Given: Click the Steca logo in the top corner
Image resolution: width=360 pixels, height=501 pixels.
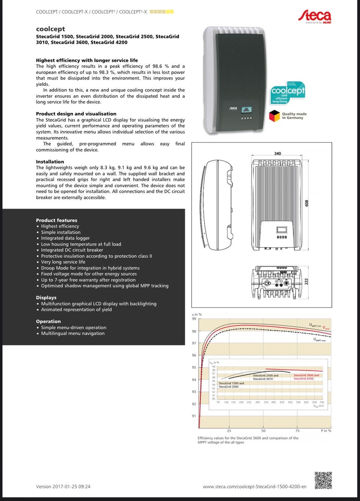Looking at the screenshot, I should (x=315, y=16).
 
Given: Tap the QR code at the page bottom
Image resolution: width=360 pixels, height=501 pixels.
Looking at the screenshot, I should (x=323, y=480).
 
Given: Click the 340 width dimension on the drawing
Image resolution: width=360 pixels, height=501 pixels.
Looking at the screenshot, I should (x=277, y=153).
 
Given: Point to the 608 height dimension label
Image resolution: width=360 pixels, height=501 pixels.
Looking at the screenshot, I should (x=307, y=203).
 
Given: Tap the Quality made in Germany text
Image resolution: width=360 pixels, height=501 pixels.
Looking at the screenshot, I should (x=294, y=116).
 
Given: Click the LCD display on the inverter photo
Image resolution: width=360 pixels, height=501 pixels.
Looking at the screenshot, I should (x=246, y=110).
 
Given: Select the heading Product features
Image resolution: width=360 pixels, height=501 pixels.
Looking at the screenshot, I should (x=57, y=220).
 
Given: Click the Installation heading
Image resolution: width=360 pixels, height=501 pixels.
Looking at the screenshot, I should (x=50, y=162).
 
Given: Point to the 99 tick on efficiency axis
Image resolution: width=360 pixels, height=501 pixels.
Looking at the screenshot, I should (x=194, y=319).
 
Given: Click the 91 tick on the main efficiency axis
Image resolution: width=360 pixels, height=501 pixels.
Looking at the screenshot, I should (x=194, y=416).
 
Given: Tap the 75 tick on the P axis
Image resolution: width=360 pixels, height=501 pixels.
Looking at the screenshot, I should (x=297, y=431).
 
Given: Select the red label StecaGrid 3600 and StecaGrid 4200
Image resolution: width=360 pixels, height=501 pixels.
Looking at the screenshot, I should (x=306, y=377).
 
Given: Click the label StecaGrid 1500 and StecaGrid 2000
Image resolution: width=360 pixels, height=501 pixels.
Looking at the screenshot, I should (x=231, y=385).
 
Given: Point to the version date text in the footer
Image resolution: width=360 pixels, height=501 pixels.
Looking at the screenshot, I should (x=63, y=486).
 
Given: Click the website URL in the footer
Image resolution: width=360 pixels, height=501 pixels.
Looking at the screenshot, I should (x=254, y=486).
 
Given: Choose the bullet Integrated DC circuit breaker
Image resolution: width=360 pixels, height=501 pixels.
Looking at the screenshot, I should (x=72, y=250).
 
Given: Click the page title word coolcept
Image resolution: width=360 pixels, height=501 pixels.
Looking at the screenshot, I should (x=50, y=29).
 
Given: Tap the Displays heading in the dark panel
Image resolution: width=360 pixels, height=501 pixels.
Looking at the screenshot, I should (x=46, y=297).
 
